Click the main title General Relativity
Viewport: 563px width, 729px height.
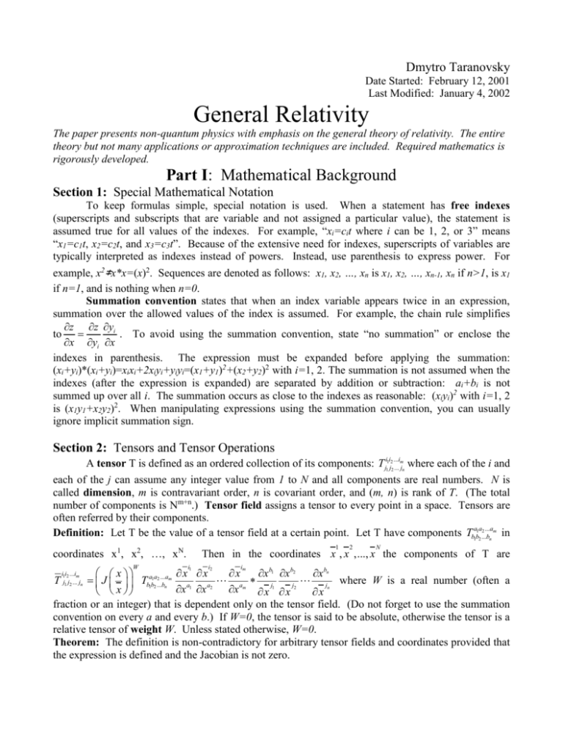(x=281, y=114)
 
